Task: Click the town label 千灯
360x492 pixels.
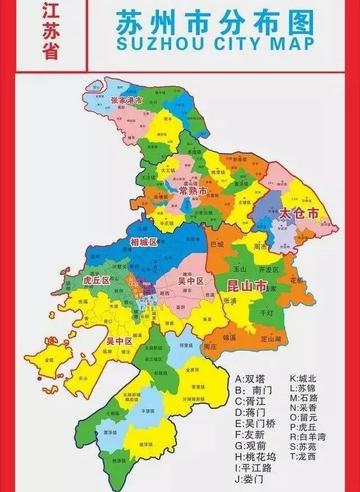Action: coord(266,313)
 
